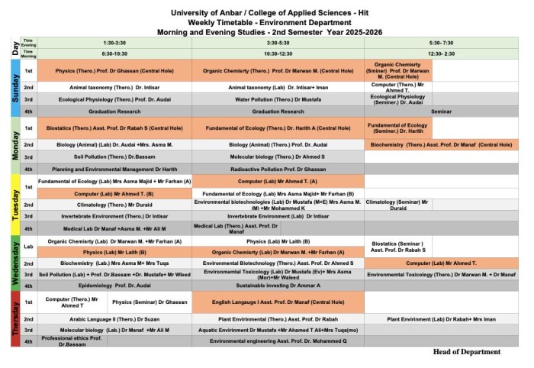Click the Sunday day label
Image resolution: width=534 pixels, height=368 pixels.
(x=14, y=88)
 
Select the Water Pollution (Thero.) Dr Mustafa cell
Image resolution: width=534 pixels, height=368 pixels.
(x=278, y=99)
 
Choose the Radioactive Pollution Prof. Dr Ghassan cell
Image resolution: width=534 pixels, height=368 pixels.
(x=278, y=169)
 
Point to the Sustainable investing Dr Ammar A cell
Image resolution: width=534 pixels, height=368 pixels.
(x=278, y=286)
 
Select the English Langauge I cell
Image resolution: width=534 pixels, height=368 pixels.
(x=278, y=302)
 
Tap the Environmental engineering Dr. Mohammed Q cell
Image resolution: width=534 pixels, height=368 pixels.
(x=278, y=341)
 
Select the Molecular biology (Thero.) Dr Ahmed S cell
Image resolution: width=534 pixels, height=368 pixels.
(x=278, y=157)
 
